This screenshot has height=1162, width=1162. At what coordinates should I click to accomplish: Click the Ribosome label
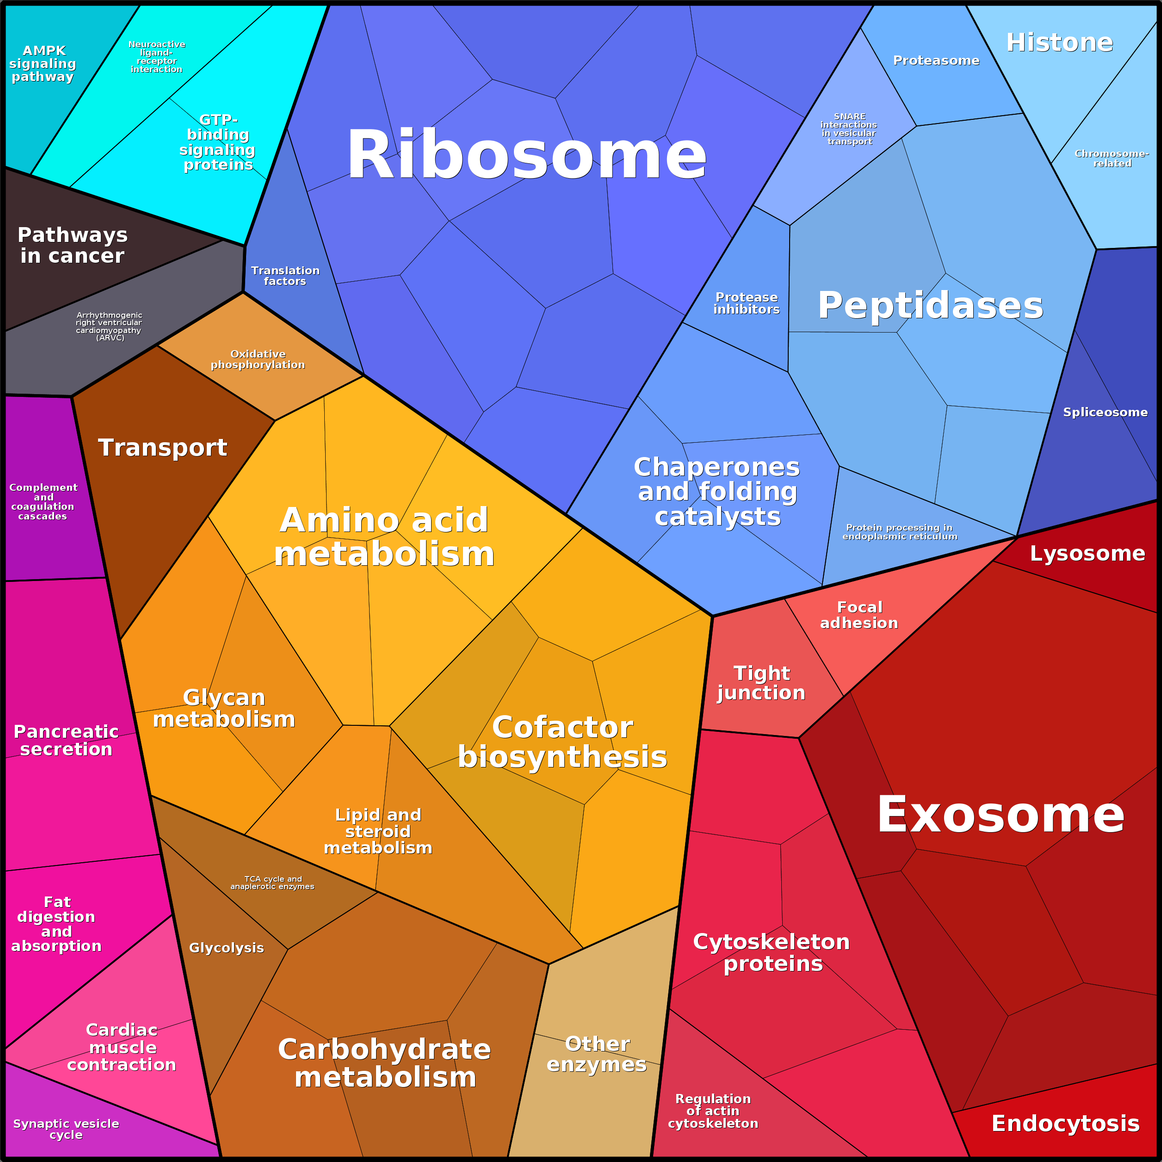[526, 155]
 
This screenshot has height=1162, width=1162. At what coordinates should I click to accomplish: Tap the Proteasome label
[936, 60]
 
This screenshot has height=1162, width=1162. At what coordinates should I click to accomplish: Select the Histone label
[1059, 42]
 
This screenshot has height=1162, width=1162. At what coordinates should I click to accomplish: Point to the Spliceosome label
[1105, 412]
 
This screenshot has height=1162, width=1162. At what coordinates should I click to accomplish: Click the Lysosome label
[1088, 553]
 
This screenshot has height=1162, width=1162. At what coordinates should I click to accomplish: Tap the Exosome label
[1000, 814]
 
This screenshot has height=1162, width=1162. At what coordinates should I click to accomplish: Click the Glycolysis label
[226, 948]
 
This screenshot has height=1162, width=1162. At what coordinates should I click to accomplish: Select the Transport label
[162, 447]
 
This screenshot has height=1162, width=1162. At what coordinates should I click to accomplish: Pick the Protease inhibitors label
[747, 303]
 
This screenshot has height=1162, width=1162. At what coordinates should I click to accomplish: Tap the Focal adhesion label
[859, 615]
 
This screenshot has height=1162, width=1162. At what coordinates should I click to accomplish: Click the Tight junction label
[761, 683]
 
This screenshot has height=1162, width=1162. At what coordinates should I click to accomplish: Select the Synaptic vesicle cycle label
[66, 1129]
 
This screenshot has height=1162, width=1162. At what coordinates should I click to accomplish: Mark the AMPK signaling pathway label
[43, 64]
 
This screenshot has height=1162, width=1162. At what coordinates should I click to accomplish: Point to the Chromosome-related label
[1112, 158]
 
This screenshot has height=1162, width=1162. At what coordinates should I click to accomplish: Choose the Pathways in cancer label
[72, 245]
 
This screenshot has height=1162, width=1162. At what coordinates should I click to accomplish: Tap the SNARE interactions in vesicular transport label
[849, 129]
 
